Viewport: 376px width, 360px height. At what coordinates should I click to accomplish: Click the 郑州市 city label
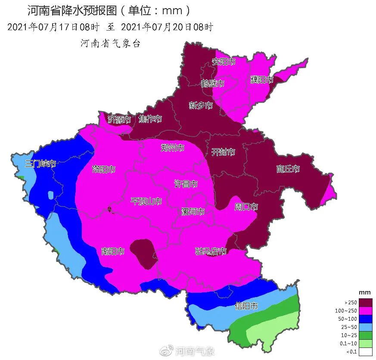(172, 148)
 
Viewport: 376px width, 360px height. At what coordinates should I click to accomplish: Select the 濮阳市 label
(262, 80)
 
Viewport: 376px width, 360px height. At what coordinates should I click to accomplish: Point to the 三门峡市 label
(40, 163)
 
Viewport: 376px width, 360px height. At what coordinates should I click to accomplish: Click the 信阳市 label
(246, 306)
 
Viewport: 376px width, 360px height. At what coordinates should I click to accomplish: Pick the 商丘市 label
(288, 169)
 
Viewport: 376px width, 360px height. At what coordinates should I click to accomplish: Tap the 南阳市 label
(113, 251)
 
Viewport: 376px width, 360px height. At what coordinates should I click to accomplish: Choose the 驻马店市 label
(211, 251)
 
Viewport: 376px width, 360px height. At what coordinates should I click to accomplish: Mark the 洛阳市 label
(103, 169)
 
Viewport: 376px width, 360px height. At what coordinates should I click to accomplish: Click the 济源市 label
(119, 119)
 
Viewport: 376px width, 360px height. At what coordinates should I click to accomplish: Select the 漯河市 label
(192, 211)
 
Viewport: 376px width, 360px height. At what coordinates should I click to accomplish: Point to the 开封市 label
(223, 152)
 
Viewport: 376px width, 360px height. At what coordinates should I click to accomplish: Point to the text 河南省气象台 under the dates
(111, 44)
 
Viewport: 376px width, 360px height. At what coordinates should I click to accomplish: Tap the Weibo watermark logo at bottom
(166, 351)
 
